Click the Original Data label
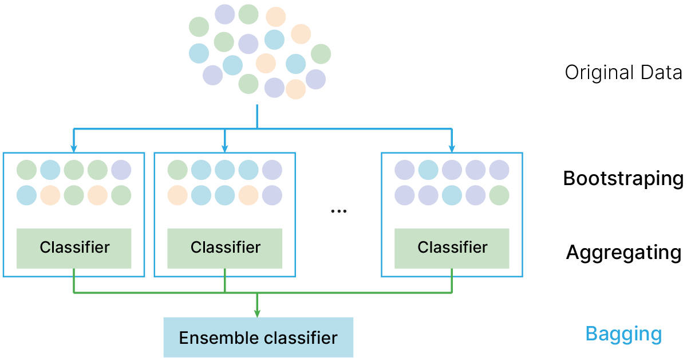(623, 73)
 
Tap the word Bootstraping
(623, 179)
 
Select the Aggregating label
(623, 252)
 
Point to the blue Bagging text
(623, 334)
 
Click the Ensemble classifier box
(258, 338)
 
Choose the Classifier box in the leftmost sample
(74, 248)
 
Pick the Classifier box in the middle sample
(225, 248)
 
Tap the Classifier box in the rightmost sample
(452, 248)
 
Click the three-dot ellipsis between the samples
(338, 211)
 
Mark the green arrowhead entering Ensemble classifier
(257, 313)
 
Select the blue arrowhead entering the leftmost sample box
(74, 148)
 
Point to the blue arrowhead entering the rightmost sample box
(452, 148)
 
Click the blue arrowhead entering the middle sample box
(225, 148)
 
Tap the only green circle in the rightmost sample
(499, 195)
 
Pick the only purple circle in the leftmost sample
(121, 170)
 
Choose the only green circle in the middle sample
(177, 170)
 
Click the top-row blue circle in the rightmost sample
(428, 170)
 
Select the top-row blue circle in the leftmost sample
(50, 170)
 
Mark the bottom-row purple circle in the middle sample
(272, 195)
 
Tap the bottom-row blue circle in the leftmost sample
(27, 195)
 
